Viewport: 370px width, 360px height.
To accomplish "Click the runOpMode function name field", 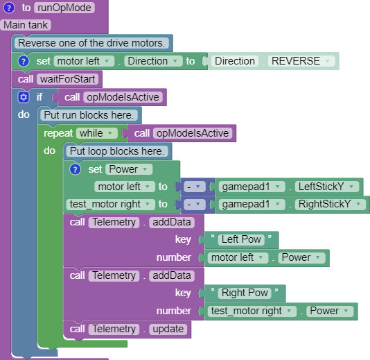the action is click(x=64, y=8).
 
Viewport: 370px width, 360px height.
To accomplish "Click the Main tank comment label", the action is click(x=26, y=25).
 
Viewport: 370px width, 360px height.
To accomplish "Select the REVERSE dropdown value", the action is click(x=301, y=61).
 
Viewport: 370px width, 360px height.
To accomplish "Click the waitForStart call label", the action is click(x=67, y=79).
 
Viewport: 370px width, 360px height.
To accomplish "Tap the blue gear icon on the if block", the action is click(x=24, y=97).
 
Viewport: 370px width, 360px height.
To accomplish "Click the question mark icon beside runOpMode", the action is click(x=9, y=8).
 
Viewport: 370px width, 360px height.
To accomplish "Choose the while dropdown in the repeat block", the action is click(x=96, y=133).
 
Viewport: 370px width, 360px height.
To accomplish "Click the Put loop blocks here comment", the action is click(x=117, y=151).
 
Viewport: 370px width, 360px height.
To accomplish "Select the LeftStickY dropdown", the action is click(x=327, y=187).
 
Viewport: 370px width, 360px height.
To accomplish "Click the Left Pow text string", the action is click(x=241, y=239).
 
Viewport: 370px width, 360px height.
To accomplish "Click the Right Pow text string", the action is click(x=245, y=293).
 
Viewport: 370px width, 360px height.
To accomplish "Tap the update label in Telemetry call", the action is click(x=168, y=329).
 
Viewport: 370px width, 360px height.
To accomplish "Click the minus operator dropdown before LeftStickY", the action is click(x=195, y=187).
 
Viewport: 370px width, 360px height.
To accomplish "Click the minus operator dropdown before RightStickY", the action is click(x=195, y=204).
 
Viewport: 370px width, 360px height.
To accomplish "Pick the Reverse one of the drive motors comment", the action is click(x=91, y=43).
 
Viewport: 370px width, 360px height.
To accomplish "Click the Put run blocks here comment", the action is click(x=89, y=115).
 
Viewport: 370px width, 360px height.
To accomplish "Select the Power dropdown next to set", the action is click(x=129, y=169).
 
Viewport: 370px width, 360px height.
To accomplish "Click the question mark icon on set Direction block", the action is click(x=24, y=61).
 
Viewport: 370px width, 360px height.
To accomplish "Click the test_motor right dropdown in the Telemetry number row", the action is click(x=252, y=311).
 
